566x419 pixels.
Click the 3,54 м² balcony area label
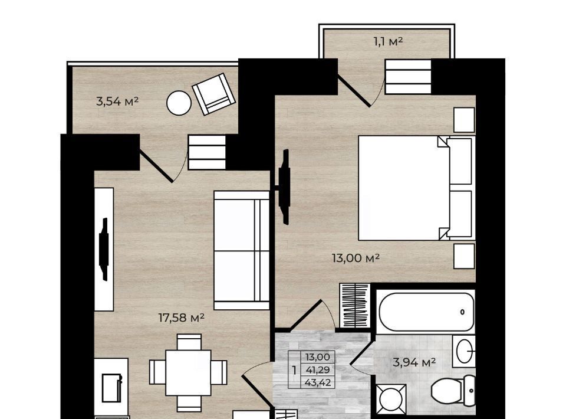pyautogui.click(x=117, y=101)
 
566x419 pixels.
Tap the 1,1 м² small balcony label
pyautogui.click(x=388, y=42)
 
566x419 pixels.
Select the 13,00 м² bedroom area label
pyautogui.click(x=356, y=258)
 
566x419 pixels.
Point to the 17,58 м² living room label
pyautogui.click(x=182, y=318)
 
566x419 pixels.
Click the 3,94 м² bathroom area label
pyautogui.click(x=414, y=362)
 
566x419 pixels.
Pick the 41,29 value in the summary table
pyautogui.click(x=318, y=370)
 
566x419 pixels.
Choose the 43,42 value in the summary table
pyautogui.click(x=318, y=382)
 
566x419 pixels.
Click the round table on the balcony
pyautogui.click(x=179, y=103)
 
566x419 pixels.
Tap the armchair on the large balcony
pyautogui.click(x=213, y=94)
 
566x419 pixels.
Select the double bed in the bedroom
pyautogui.click(x=416, y=188)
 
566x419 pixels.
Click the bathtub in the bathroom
pyautogui.click(x=426, y=312)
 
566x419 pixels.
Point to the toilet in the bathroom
pyautogui.click(x=453, y=391)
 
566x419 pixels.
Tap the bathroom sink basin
pyautogui.click(x=464, y=351)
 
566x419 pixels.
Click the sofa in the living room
pyautogui.click(x=242, y=250)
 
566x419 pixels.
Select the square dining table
pyautogui.click(x=188, y=373)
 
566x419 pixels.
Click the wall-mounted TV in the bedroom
pyautogui.click(x=285, y=187)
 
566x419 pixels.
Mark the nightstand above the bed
pyautogui.click(x=464, y=120)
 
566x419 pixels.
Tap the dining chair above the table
pyautogui.click(x=189, y=342)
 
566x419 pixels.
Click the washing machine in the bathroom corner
pyautogui.click(x=391, y=399)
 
